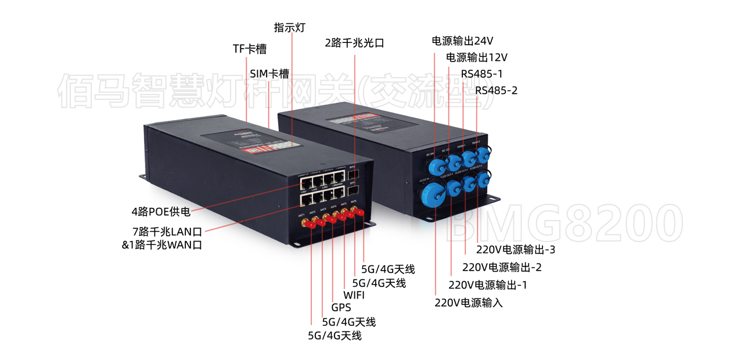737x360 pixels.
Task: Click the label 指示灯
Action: point(289,28)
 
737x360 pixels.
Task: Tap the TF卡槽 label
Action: point(250,49)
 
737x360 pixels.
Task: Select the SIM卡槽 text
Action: point(269,74)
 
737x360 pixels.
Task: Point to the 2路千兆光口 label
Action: point(354,43)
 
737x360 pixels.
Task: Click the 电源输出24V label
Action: point(462,41)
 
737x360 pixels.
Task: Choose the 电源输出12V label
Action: point(477,57)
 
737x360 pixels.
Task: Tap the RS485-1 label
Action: point(481,74)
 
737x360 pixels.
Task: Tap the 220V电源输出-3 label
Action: point(516,250)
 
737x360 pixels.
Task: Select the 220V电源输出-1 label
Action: point(488,285)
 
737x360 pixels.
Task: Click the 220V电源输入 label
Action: point(468,303)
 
